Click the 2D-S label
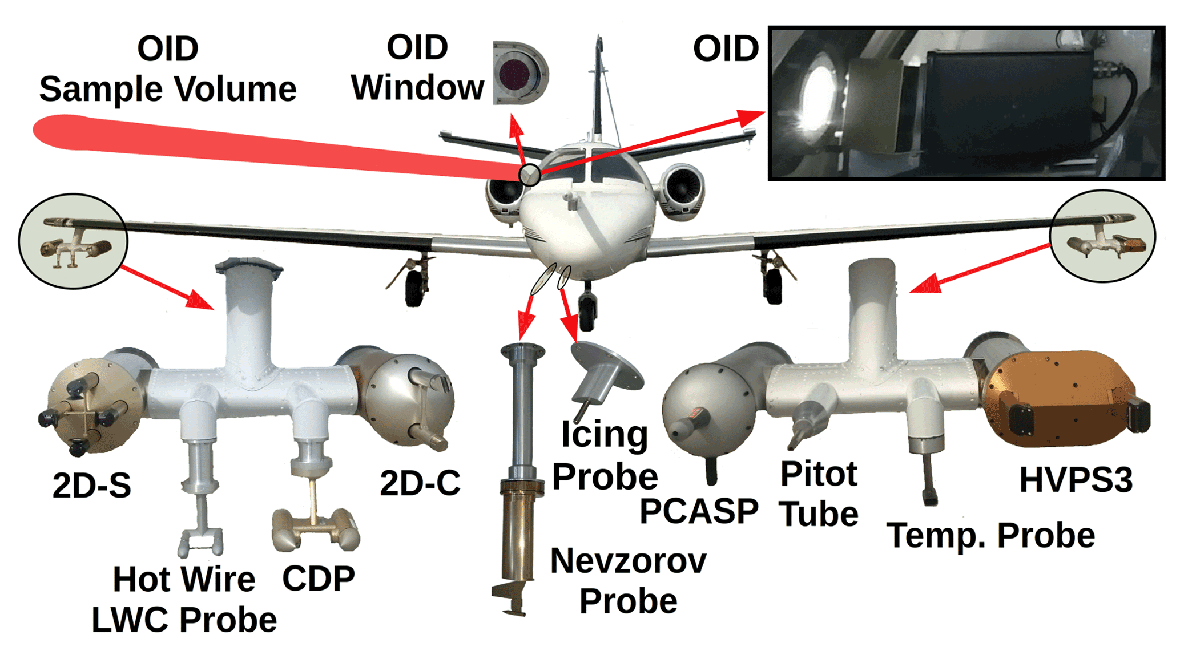point(91,485)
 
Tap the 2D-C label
point(420,483)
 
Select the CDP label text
point(319,579)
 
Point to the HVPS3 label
point(1076,480)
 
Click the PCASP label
point(698,511)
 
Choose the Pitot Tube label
point(819,494)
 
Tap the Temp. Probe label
point(990,535)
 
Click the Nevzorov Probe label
point(628,581)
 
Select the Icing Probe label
point(605,455)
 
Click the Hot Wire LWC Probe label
point(184,599)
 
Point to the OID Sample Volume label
point(168,69)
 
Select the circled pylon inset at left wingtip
point(73,241)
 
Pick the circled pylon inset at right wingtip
point(1102,236)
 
